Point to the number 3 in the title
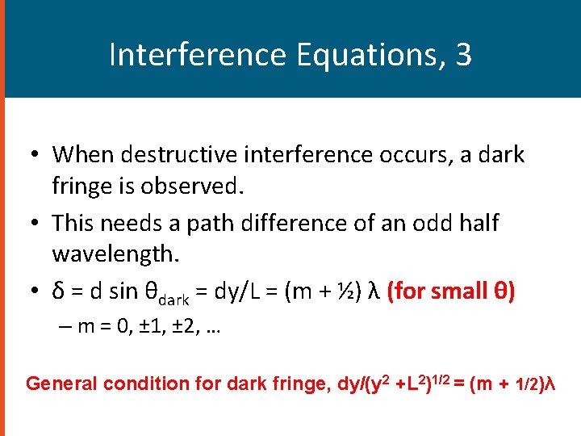(x=463, y=55)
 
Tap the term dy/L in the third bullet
(x=247, y=290)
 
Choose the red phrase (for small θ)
(x=449, y=290)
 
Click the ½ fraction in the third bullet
(x=347, y=290)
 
